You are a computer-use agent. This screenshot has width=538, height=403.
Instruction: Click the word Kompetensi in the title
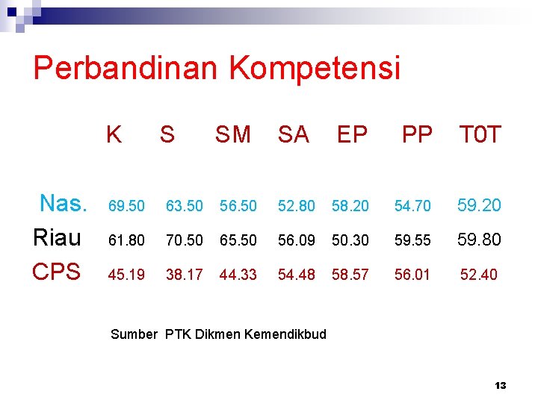315,69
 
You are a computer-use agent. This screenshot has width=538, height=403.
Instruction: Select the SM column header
233,135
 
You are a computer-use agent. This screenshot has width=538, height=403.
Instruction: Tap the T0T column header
480,135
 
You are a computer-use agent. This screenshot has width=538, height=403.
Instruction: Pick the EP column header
352,135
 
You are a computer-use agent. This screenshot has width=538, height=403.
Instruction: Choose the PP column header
417,135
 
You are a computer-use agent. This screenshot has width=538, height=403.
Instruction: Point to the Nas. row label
64,203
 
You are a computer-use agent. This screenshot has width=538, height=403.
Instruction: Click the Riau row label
58,238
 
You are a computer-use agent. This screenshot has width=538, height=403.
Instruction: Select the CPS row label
57,272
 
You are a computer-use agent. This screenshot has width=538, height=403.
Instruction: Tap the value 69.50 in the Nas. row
126,205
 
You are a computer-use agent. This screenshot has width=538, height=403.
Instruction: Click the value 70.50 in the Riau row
184,240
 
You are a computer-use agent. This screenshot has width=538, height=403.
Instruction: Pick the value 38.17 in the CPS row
184,275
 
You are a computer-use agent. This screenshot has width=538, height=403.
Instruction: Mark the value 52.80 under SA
296,205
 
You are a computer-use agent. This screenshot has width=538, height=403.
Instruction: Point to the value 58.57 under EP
350,275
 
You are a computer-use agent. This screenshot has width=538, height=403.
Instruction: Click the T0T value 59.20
479,204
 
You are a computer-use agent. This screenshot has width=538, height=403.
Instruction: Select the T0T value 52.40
478,275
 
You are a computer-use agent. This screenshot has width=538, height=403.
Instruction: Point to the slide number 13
501,386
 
